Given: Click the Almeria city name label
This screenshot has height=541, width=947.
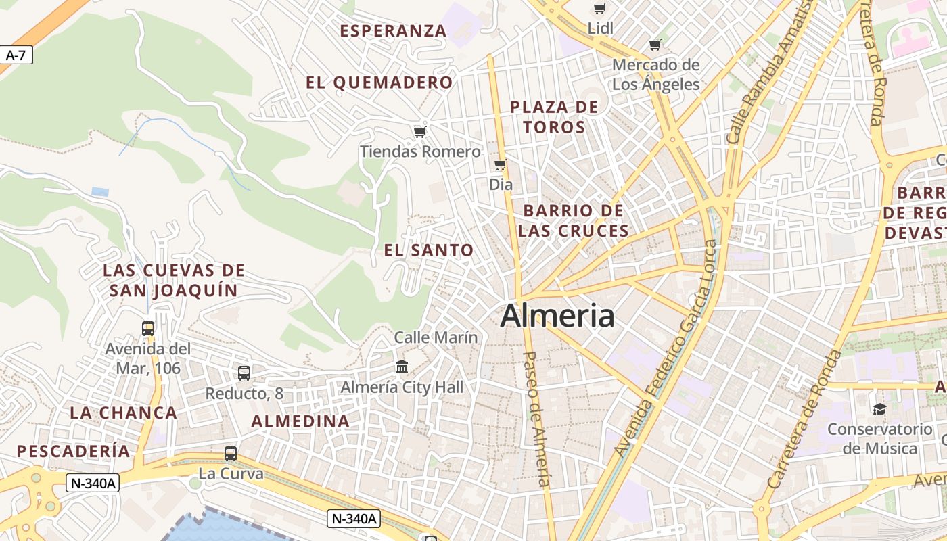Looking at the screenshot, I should click(x=557, y=316).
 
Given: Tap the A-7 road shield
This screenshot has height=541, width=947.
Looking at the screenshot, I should click(x=16, y=55).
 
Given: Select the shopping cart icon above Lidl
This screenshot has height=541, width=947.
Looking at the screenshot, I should click(x=599, y=9).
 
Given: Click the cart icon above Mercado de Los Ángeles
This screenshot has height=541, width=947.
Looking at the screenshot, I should click(x=655, y=45).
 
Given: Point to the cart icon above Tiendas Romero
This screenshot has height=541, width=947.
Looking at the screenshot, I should click(x=419, y=132).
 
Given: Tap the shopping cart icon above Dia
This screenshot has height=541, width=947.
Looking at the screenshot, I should click(x=500, y=165).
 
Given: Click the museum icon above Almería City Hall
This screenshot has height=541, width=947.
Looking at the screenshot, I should click(x=402, y=367).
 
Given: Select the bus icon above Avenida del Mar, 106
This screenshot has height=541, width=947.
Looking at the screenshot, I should click(x=148, y=329).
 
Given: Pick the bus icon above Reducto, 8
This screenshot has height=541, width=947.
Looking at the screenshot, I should click(x=244, y=373).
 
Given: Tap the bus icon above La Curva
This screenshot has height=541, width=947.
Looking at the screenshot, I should click(x=231, y=454).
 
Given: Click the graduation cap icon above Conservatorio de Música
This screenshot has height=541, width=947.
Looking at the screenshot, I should click(x=879, y=409).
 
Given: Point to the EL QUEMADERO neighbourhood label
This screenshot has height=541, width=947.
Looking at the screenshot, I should click(x=379, y=83).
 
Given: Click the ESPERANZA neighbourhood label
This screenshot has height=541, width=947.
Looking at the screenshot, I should click(x=393, y=31).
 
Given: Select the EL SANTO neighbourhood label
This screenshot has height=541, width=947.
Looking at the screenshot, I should click(x=429, y=250).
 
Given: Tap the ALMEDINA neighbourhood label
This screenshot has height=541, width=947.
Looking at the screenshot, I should click(x=300, y=421).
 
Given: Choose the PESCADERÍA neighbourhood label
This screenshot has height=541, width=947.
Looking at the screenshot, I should click(x=73, y=451).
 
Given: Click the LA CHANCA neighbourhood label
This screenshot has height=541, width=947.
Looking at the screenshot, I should click(x=123, y=413).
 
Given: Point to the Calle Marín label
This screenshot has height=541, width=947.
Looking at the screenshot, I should click(x=436, y=337).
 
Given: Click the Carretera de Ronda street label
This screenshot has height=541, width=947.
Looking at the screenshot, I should click(x=806, y=419).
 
